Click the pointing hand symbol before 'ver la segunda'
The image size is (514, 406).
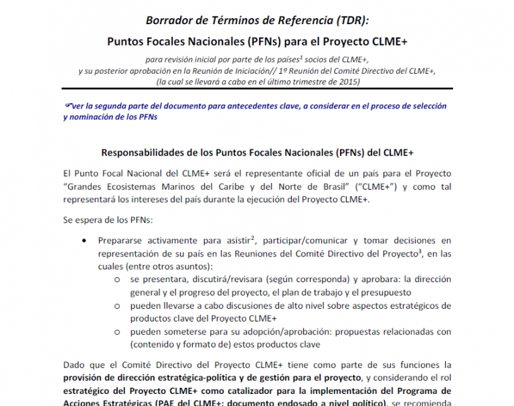pos(67,106)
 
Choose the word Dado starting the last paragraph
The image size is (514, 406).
pos(74,364)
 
